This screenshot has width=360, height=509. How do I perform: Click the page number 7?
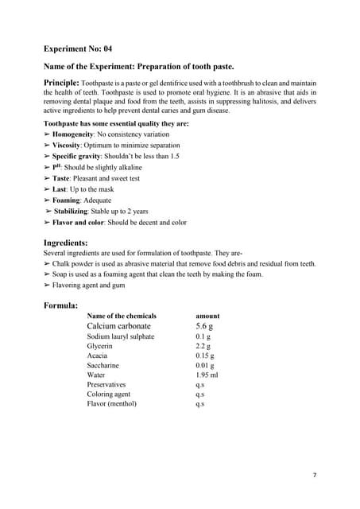click(x=315, y=475)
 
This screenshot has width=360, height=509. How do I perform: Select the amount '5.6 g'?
click(x=207, y=326)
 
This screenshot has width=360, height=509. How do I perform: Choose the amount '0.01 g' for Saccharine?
click(x=204, y=365)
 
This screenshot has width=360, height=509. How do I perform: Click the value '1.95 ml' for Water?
click(x=206, y=375)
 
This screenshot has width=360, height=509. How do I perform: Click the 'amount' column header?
click(x=207, y=316)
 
